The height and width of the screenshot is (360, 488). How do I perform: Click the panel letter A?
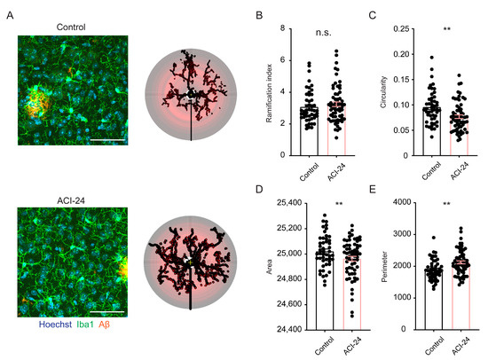coord(8,15)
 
